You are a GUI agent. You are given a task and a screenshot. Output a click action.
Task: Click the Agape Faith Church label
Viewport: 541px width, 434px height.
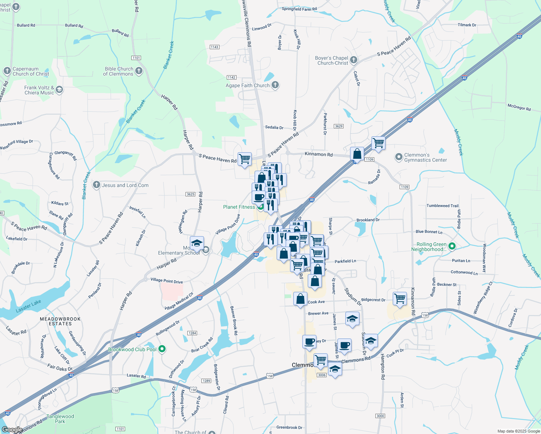[x=248, y=86]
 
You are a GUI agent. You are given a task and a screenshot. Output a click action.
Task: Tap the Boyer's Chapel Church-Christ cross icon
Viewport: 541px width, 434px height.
[x=354, y=60]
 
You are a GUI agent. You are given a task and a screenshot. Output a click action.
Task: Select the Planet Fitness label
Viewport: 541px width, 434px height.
[x=239, y=207]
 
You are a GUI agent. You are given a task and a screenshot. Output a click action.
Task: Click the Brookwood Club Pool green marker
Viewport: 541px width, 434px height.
[x=162, y=349]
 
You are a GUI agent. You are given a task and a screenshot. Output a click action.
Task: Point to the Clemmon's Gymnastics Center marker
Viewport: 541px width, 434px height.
[x=399, y=157]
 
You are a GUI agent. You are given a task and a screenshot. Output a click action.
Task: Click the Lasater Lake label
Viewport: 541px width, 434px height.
[x=28, y=306]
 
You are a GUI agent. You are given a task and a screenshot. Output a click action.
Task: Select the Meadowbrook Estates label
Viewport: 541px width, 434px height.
[x=60, y=321]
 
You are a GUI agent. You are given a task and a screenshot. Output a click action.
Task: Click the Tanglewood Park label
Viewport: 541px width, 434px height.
[x=60, y=419]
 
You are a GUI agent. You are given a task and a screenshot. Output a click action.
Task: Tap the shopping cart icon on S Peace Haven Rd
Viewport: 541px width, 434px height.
[x=245, y=159]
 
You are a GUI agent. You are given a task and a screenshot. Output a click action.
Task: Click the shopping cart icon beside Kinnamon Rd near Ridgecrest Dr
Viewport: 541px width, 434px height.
[x=400, y=299]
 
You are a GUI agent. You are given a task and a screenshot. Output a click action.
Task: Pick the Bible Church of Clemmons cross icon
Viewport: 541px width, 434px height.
[x=139, y=71]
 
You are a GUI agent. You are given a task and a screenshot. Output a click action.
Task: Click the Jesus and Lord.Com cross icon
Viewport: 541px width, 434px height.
[x=96, y=185]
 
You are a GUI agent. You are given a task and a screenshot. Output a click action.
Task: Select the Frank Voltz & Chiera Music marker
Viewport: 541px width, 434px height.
[x=59, y=90]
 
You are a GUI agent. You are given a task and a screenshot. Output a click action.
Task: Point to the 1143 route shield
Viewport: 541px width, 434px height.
[x=214, y=47]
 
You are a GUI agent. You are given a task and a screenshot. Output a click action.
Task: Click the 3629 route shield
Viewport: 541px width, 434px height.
[x=338, y=126]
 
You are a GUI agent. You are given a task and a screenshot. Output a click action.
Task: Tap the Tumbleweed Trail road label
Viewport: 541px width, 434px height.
[x=442, y=206]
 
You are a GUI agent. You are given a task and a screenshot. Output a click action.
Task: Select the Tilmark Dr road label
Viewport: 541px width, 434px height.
[x=467, y=25]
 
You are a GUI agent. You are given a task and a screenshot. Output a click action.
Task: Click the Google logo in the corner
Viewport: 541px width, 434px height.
[x=12, y=430]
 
